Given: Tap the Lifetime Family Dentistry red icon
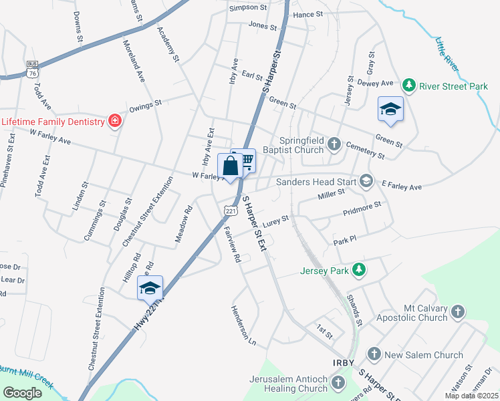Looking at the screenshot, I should point(115,121).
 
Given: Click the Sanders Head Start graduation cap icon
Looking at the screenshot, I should point(366,180).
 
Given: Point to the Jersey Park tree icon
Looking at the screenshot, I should point(360,270).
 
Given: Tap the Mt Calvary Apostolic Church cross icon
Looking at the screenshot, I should point(458,311).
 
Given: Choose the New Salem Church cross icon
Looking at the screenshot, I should point(374,354).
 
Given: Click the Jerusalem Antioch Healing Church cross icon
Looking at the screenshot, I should point(338,383).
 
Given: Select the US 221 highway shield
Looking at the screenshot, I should point(231,209).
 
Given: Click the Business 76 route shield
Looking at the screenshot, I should point(32,69).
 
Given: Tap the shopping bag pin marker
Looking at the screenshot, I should point(230,166).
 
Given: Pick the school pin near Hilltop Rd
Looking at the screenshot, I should point(150,288).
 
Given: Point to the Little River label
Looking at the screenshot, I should point(447,55).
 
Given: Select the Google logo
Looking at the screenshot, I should point(23,393).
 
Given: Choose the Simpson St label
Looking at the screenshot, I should point(247,7).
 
